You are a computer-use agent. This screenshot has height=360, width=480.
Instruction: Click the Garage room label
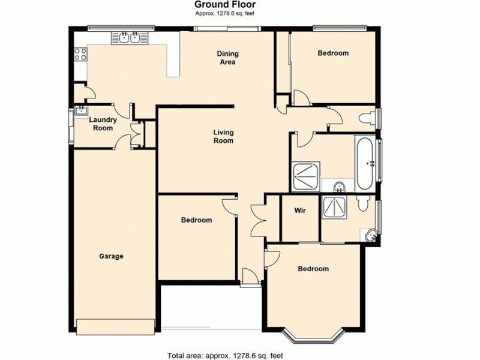coord(111,256)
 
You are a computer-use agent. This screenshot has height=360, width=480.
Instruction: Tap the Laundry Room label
coord(101,124)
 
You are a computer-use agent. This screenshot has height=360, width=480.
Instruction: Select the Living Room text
coord(223,136)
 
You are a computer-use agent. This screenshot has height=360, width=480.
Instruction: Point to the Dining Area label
coord(227,58)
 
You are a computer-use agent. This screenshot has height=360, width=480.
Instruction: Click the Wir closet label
coord(300,211)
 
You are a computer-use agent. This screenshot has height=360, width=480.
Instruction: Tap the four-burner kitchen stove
coord(80,57)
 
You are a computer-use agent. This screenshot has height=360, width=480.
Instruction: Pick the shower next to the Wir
coord(335,207)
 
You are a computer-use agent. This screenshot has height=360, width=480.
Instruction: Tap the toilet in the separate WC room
coord(365,118)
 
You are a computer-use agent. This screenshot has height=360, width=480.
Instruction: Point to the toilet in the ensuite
coord(362,204)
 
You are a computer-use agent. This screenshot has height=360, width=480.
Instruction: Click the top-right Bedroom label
coord(332,53)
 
